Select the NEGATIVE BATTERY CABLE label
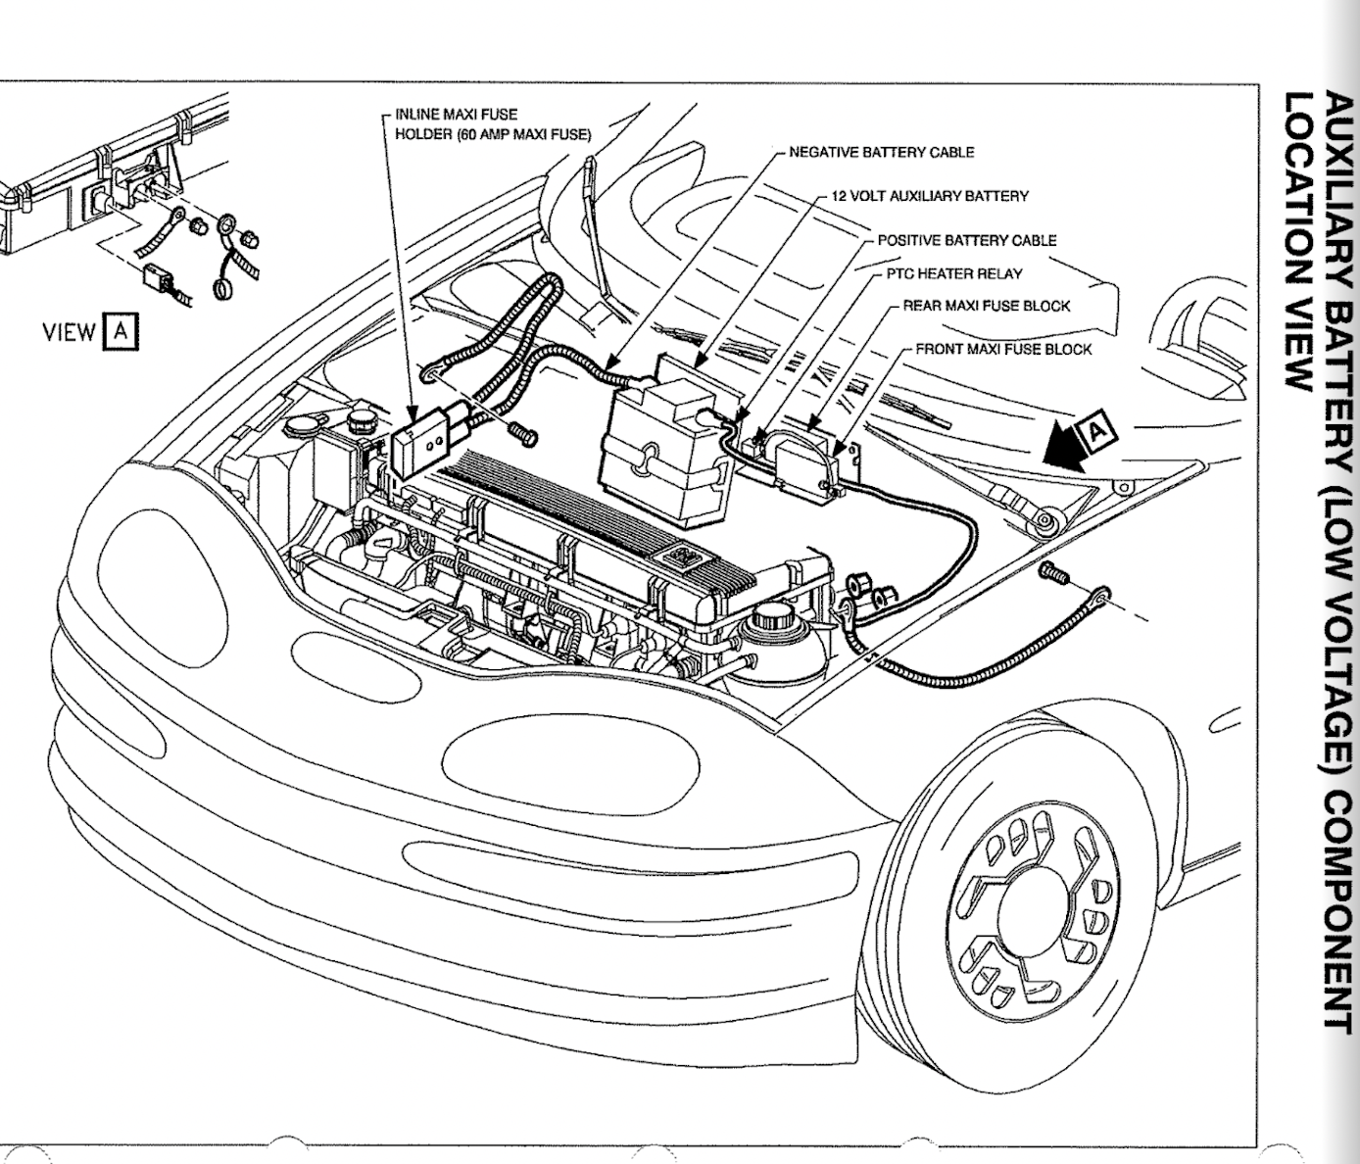881,152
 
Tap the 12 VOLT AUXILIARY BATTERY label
929,196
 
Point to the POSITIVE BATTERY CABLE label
966,240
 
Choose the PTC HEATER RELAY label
953,274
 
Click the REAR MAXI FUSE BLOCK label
986,306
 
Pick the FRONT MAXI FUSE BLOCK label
1002,349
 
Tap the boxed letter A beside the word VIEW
120,331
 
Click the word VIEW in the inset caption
69,332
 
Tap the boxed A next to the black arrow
1097,429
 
